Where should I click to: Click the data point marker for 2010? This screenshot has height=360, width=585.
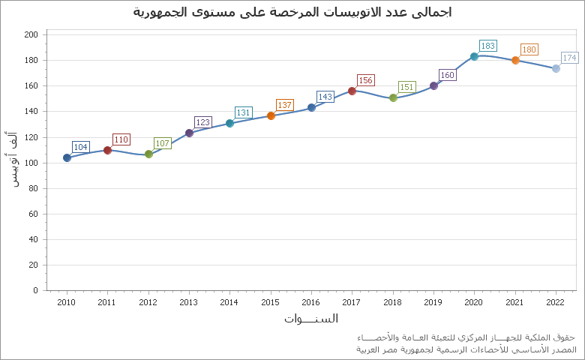[67, 157]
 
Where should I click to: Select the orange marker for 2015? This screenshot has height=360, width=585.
[271, 115]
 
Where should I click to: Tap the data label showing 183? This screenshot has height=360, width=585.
[487, 46]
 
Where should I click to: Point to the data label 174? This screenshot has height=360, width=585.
[569, 58]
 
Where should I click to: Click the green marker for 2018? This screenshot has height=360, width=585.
[393, 97]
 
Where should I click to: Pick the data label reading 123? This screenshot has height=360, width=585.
[202, 122]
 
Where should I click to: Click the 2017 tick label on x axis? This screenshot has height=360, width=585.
[351, 302]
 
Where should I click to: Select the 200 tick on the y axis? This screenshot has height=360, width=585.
[31, 34]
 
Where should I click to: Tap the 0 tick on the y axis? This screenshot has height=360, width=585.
[35, 290]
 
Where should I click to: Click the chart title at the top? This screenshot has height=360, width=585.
[292, 12]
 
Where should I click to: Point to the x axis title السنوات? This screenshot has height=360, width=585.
[310, 319]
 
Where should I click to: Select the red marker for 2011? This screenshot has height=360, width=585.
[107, 150]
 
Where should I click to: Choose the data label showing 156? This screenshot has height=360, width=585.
[365, 80]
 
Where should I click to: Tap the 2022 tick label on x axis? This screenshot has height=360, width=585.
[555, 302]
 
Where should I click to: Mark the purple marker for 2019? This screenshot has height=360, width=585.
[433, 85]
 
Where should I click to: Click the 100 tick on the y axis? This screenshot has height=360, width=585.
[31, 163]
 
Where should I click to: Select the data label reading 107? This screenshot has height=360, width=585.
[162, 143]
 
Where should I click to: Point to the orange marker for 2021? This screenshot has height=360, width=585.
[515, 60]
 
